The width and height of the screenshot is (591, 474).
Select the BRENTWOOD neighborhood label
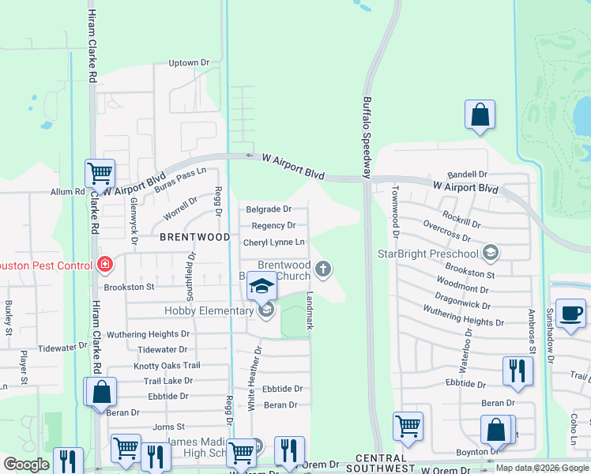click(x=195, y=237)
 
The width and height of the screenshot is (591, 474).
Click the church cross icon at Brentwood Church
click(x=322, y=270)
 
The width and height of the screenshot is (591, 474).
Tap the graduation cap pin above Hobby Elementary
click(x=262, y=286)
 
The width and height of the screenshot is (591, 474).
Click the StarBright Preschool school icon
click(x=490, y=253)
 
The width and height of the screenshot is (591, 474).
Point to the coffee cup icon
click(x=570, y=313)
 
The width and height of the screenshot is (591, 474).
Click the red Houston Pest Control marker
click(x=104, y=265)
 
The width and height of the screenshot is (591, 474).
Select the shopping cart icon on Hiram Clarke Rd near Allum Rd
click(x=100, y=172)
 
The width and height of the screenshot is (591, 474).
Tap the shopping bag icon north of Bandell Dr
click(x=480, y=115)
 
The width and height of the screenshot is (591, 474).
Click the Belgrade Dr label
click(x=269, y=209)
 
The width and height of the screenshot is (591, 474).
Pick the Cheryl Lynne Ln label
click(x=274, y=243)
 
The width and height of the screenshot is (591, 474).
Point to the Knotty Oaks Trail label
click(x=167, y=366)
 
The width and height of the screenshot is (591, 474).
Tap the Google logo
click(x=27, y=465)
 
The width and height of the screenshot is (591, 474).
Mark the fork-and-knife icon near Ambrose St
click(x=517, y=370)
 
